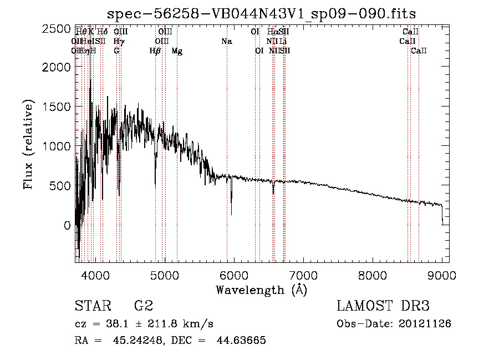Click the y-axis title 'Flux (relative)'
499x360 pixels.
click(x=28, y=144)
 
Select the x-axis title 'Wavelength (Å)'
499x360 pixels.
click(x=261, y=290)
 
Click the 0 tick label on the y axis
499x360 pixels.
click(x=67, y=225)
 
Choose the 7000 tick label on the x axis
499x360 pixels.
click(x=303, y=275)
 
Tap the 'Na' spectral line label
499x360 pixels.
click(x=226, y=42)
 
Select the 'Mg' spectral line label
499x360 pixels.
click(x=177, y=51)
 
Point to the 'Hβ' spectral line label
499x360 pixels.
click(x=155, y=51)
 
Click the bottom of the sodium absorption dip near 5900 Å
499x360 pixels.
click(x=231, y=214)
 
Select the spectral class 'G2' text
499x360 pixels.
click(x=144, y=306)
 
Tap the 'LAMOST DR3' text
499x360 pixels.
click(x=383, y=306)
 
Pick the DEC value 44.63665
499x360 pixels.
click(x=241, y=341)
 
